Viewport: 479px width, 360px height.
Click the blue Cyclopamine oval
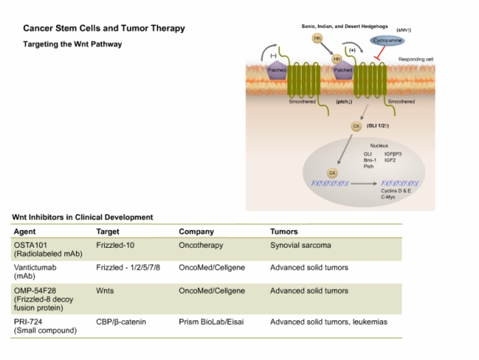point(387,40)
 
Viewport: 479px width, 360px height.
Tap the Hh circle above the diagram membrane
point(318,38)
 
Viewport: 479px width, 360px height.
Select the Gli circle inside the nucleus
point(332,173)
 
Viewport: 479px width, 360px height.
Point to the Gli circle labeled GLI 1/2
point(357,126)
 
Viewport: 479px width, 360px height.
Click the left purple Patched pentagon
point(277,70)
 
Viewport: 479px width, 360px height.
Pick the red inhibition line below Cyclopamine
point(380,53)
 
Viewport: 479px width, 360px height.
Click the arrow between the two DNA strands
point(364,183)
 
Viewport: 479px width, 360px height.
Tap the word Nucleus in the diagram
point(379,146)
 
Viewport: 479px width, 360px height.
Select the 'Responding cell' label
point(416,60)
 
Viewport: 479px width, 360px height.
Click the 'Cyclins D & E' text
point(396,191)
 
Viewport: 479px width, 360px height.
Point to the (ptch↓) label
point(344,102)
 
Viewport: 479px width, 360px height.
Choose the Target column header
point(107,231)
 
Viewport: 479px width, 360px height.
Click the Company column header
point(196,231)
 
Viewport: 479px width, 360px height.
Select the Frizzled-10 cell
point(115,245)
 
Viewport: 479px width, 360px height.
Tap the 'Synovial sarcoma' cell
point(300,245)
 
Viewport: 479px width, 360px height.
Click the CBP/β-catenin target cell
point(121,322)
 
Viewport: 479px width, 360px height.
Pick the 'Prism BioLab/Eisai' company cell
point(211,322)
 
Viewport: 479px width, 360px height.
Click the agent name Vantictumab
point(35,268)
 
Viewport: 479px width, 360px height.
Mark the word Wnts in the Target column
point(105,291)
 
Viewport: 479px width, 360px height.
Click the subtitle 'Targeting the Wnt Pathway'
point(73,44)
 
